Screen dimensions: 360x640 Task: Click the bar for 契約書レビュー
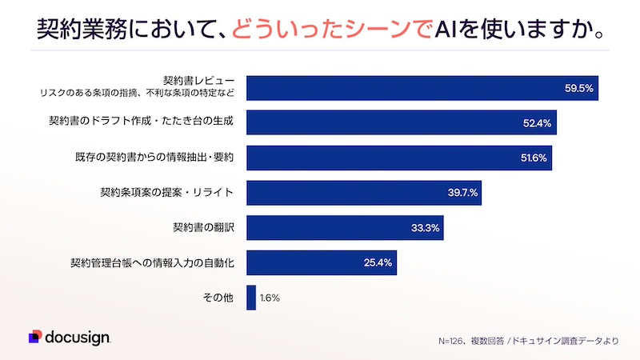pos(422,88)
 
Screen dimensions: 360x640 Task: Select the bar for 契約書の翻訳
pos(344,227)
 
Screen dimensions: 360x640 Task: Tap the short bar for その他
pos(251,298)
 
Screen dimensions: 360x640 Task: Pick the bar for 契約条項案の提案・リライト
pos(363,193)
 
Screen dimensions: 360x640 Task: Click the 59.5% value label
pos(578,88)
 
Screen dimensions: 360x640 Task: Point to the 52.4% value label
pos(537,123)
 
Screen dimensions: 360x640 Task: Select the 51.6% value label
pos(533,158)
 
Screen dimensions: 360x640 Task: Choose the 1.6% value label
pos(270,298)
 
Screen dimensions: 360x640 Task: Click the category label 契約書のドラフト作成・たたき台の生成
pos(141,122)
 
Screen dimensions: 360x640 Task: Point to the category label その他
pos(218,298)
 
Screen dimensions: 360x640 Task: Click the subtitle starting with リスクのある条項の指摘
pos(138,94)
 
